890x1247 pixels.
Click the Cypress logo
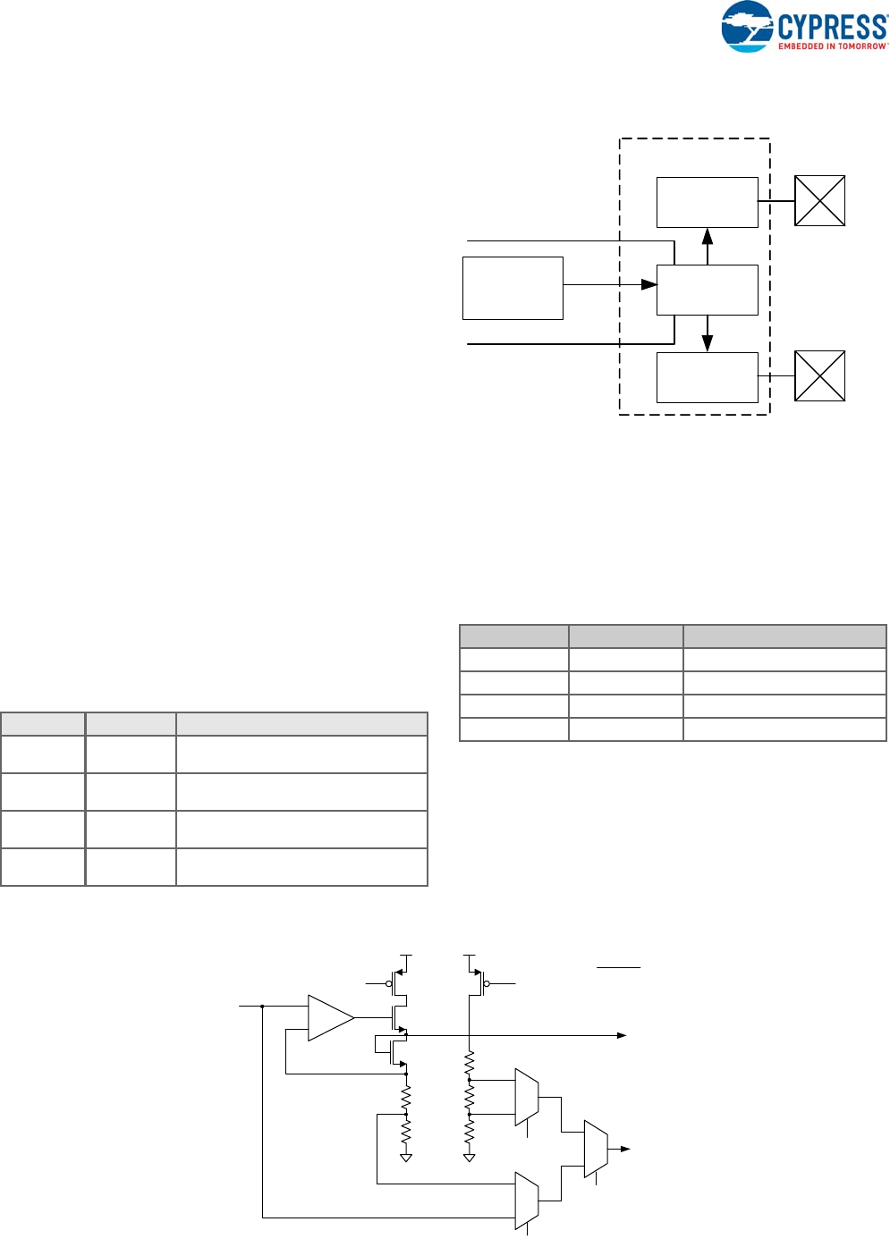tap(803, 27)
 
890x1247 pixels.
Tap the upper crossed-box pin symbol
tap(819, 200)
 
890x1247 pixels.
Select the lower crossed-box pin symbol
tap(819, 375)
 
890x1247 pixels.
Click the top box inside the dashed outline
tap(707, 202)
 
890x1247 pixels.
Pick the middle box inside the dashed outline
tap(707, 290)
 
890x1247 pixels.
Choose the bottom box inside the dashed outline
tap(707, 377)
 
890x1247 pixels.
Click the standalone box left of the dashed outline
tap(513, 288)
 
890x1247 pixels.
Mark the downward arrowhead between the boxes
tap(708, 343)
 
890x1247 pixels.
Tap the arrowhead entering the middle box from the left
tap(649, 285)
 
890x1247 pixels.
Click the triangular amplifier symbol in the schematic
tap(330, 1017)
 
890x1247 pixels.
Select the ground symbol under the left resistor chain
tap(406, 1158)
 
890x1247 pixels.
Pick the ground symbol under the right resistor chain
tap(470, 1158)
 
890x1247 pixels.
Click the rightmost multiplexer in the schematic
tap(596, 1149)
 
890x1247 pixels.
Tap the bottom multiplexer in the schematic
tap(527, 1201)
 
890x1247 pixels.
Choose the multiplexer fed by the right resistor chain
tap(527, 1097)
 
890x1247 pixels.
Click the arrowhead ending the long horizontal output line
tap(622, 1035)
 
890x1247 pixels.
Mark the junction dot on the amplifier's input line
tap(262, 1006)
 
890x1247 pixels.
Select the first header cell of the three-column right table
tap(513, 636)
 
